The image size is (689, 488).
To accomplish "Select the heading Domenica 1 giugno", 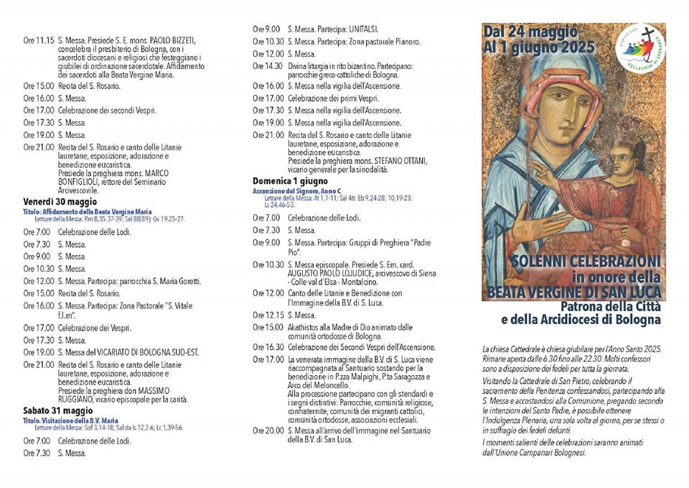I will click(x=290, y=181).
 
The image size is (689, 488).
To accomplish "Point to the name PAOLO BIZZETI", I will click(x=170, y=40).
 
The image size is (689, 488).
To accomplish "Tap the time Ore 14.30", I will click(x=268, y=65).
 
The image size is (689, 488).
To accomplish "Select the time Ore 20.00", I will click(x=268, y=431).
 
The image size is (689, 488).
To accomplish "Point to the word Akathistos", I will click(x=309, y=327).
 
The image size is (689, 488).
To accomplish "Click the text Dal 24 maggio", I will click(x=530, y=32).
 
